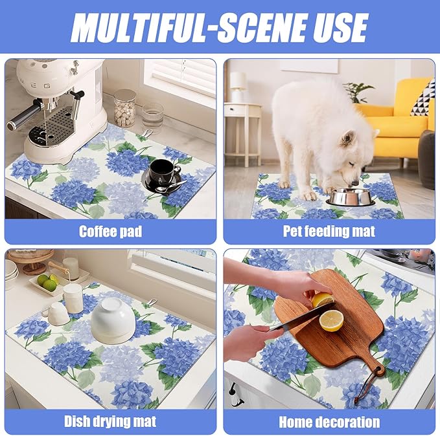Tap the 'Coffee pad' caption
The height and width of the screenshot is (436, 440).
point(110,231)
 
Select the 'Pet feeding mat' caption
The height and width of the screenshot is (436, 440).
point(329,231)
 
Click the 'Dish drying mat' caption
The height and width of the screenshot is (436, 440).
point(110,422)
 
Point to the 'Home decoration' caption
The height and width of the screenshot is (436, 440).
point(329,422)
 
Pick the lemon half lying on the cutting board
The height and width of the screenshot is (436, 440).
point(332,320)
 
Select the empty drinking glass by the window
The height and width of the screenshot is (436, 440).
point(153,116)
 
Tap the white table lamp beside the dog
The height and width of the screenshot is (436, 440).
point(238,84)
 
